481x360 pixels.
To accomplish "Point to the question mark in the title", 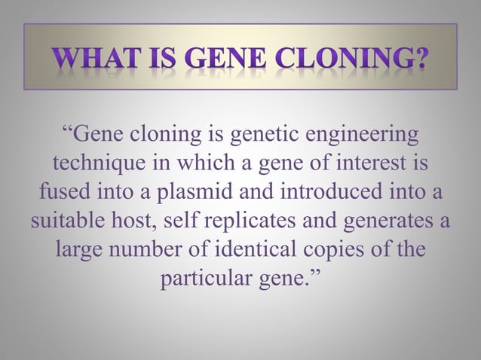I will (415, 57).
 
